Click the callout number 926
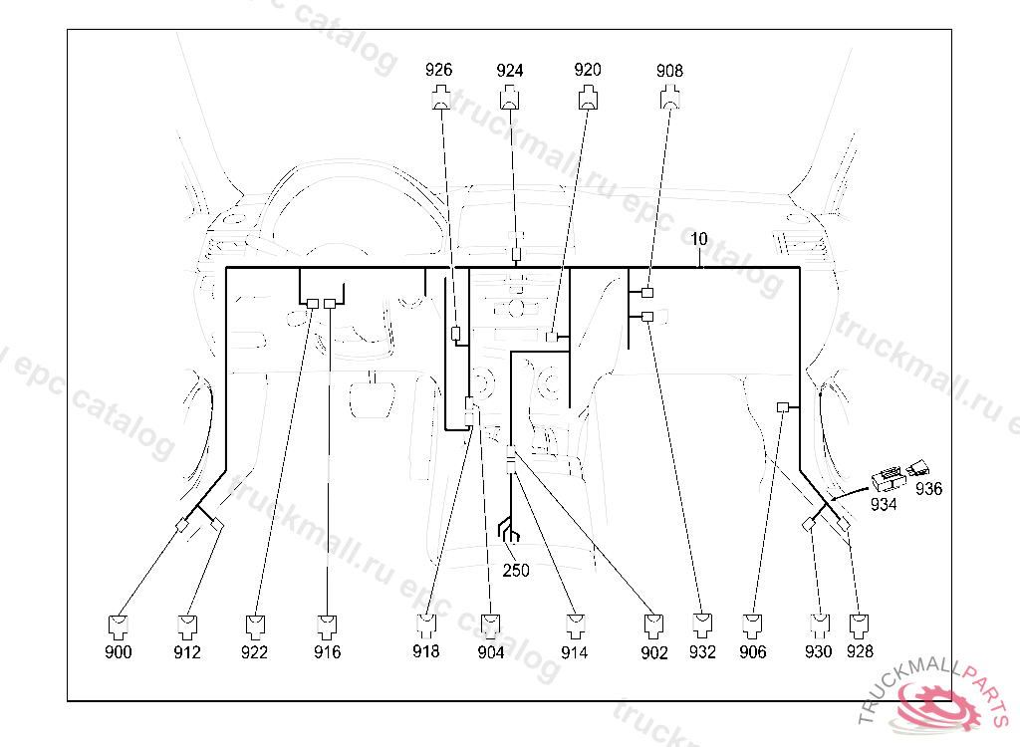(438, 71)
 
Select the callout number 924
(510, 71)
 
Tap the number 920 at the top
(588, 71)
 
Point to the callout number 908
(669, 71)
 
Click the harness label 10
(699, 239)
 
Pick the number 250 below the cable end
(516, 571)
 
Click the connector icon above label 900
(119, 625)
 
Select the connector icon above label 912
(187, 625)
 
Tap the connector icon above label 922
(255, 625)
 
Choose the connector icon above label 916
(327, 625)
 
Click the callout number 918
(426, 652)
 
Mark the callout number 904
(490, 652)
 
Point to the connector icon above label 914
(575, 625)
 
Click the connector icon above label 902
(654, 625)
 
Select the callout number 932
(702, 652)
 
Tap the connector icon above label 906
(754, 625)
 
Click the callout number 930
(818, 652)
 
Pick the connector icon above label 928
(860, 625)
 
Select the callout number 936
(928, 489)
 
